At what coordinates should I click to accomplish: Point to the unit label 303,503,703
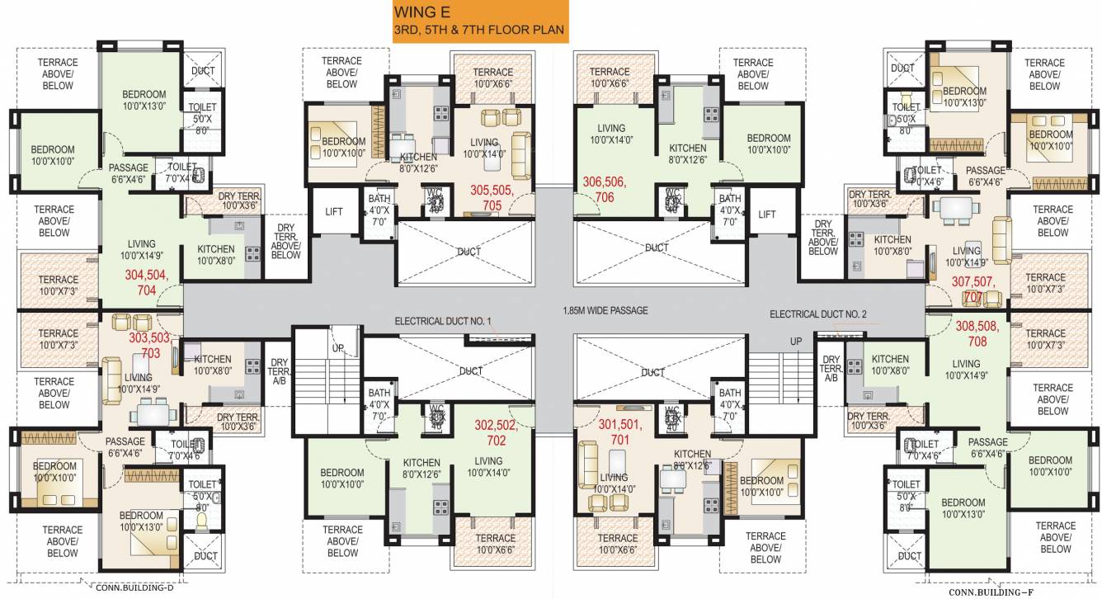point(149,345)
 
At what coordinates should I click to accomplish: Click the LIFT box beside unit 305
point(333,213)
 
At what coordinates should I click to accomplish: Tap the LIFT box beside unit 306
point(767,215)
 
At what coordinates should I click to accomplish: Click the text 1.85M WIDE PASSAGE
point(604,311)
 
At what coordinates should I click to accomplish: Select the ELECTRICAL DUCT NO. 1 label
point(443,321)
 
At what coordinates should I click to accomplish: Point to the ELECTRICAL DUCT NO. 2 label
point(817,314)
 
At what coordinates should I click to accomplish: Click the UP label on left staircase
point(338,349)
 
